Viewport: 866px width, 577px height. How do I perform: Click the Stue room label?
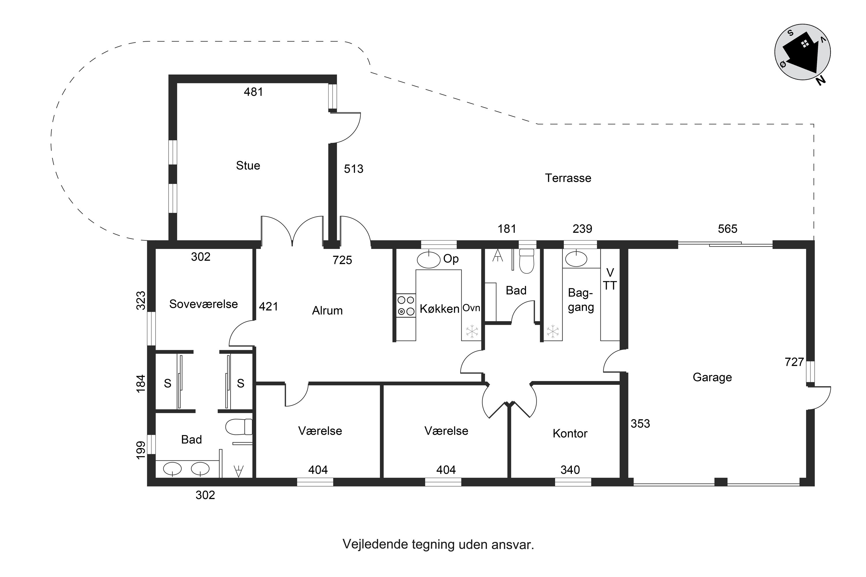pos(248,166)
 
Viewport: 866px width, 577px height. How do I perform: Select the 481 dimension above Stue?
pos(253,92)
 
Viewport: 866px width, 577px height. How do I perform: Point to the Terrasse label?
pos(568,178)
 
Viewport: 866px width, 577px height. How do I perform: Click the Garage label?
pos(712,378)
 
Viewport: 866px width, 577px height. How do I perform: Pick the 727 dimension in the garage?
pos(794,362)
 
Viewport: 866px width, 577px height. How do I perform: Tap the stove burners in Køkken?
pos(406,306)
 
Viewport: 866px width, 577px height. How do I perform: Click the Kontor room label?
pos(570,434)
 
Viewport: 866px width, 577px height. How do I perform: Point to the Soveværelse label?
pos(203,304)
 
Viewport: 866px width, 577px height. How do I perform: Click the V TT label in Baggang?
pos(610,279)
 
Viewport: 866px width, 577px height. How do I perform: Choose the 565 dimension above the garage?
pos(727,229)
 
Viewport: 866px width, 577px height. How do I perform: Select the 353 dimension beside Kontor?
pos(640,424)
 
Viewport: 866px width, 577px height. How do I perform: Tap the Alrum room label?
pos(327,311)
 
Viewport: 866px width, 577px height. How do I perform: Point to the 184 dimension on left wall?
pos(141,383)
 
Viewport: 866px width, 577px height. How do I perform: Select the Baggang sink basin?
pos(576,259)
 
